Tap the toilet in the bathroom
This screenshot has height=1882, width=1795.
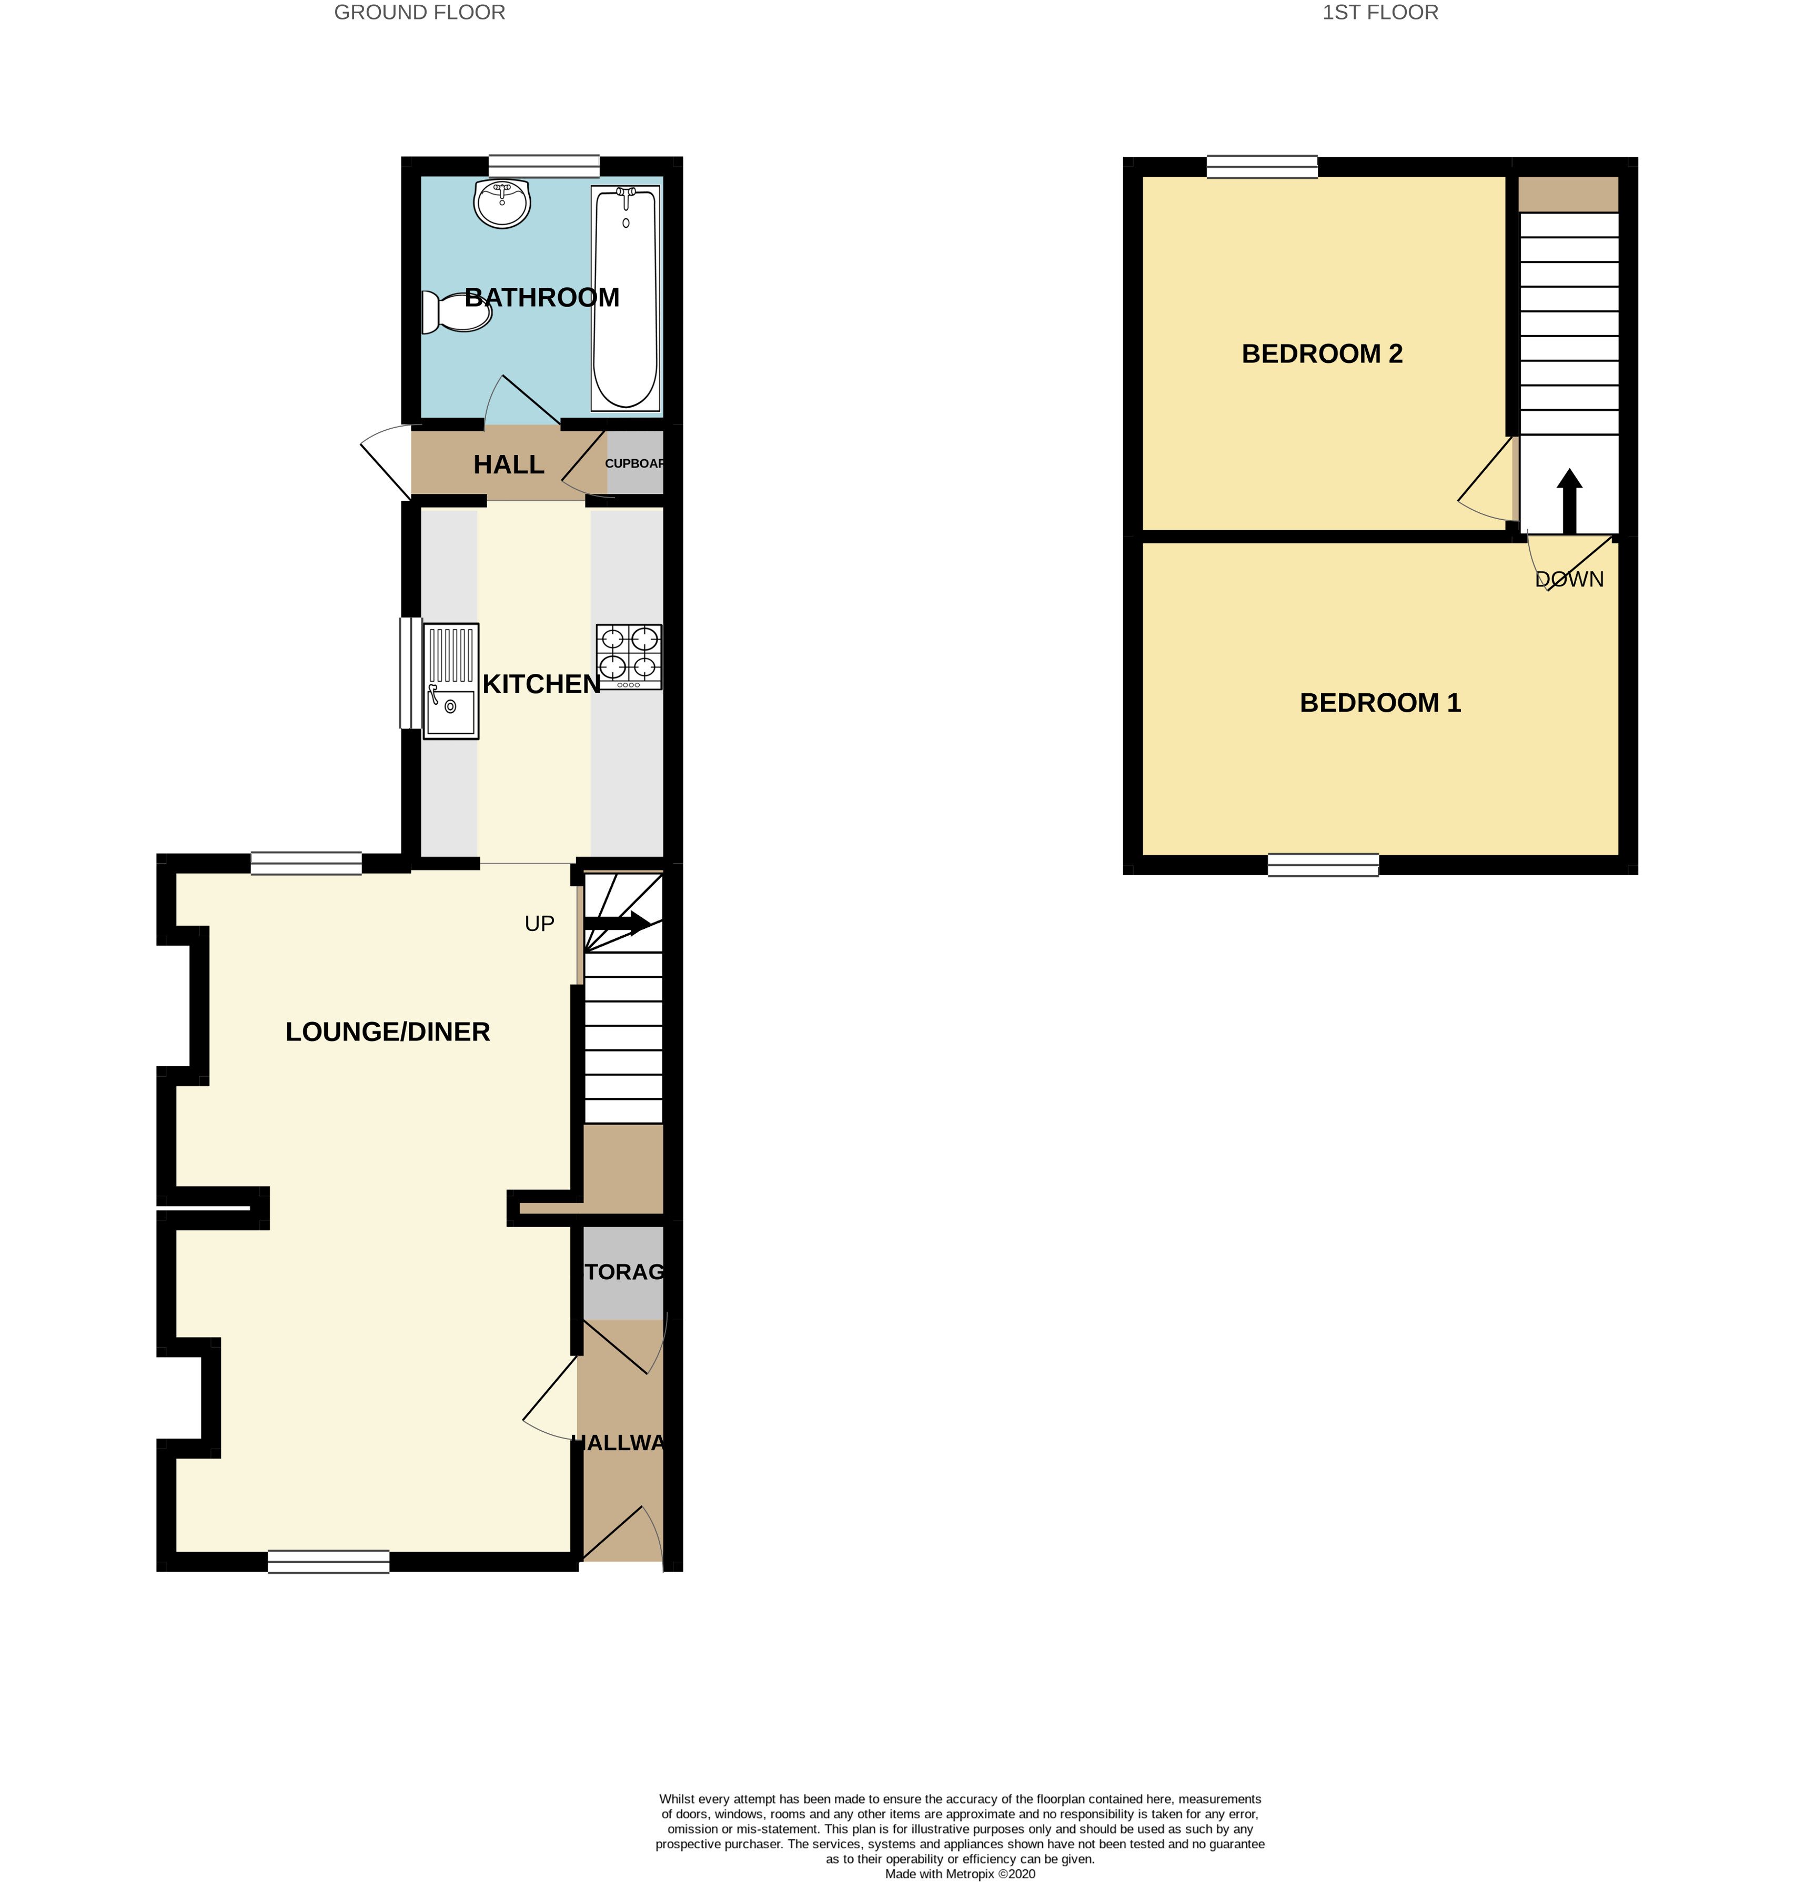click(x=457, y=312)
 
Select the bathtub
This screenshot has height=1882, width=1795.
click(x=626, y=298)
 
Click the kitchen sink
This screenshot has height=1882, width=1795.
click(x=451, y=681)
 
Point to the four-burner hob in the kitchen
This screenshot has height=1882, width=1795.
click(x=629, y=656)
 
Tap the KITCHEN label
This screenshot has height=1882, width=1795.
click(x=541, y=684)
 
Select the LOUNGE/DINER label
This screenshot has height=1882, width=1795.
click(x=388, y=1031)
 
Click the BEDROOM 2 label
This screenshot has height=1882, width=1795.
click(x=1322, y=354)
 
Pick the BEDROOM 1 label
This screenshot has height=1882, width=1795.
click(x=1380, y=703)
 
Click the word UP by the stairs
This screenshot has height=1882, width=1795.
click(x=540, y=923)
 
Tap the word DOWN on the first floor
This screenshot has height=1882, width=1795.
click(x=1569, y=579)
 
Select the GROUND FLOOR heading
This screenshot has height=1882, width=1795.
click(x=419, y=13)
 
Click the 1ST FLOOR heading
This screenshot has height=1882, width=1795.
click(x=1380, y=13)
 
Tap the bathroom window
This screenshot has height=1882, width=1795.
click(x=543, y=166)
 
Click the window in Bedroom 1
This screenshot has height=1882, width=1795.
click(x=1323, y=865)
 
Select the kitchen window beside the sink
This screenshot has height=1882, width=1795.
click(x=409, y=673)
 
